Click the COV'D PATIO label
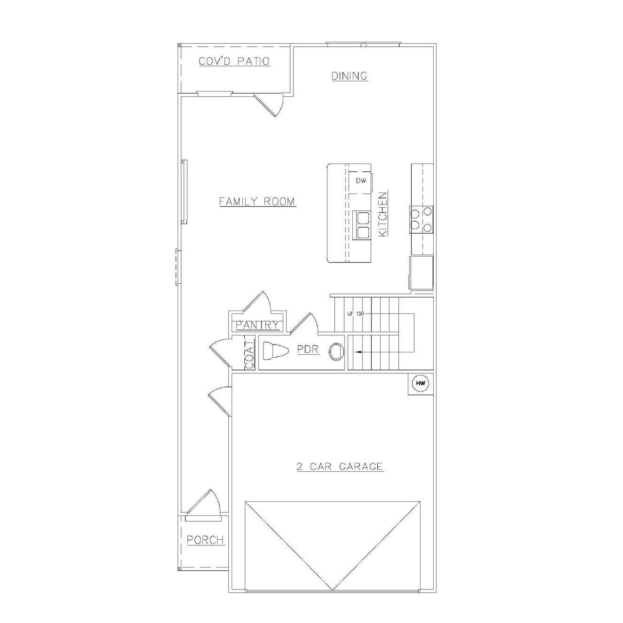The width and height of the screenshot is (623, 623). tap(234, 61)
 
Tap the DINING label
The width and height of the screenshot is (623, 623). tap(349, 76)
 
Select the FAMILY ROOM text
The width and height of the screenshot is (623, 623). tap(257, 201)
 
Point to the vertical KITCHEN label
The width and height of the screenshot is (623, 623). tap(383, 214)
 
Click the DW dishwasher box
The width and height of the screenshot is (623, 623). tap(361, 181)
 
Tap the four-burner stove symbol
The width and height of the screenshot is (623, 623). tap(421, 219)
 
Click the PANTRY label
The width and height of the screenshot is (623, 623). tap(257, 325)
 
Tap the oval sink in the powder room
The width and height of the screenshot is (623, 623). tap(336, 351)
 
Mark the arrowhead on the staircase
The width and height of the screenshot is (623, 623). tap(358, 351)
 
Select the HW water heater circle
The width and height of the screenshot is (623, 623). tap(421, 384)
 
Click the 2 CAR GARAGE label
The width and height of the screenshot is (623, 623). tap(340, 466)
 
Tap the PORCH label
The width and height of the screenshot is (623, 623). tap(205, 540)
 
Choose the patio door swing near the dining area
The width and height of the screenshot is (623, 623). tap(269, 104)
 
